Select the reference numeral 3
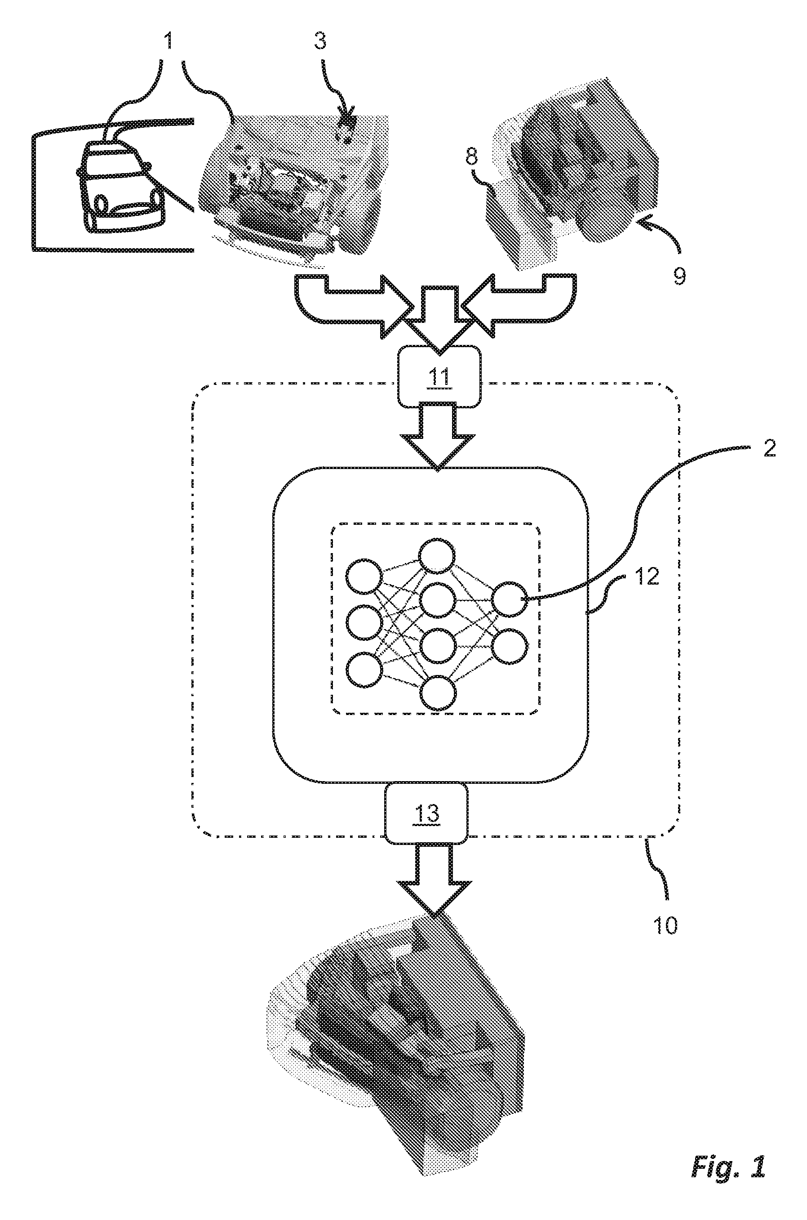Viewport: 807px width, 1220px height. point(320,40)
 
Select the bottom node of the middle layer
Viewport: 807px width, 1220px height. point(438,693)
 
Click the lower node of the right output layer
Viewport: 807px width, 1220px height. point(510,646)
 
